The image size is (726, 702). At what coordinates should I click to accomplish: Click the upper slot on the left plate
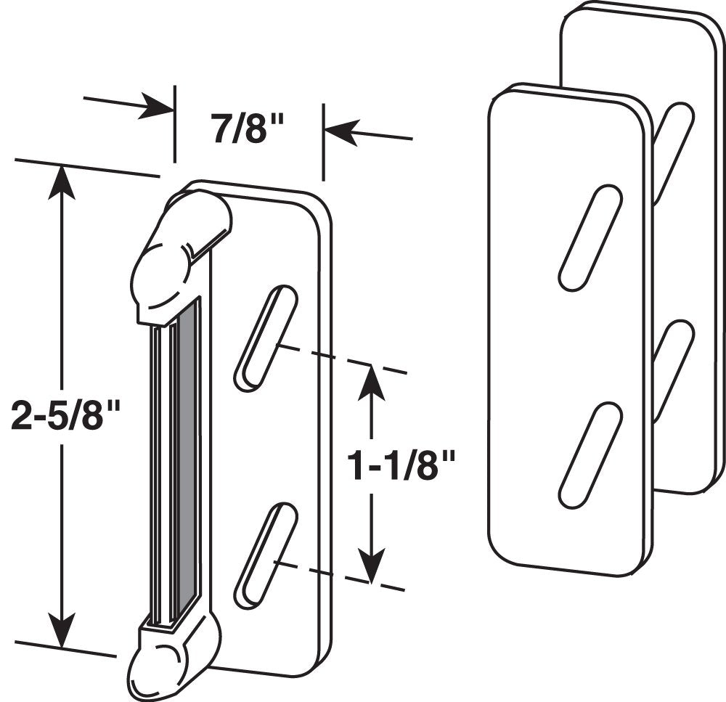266,338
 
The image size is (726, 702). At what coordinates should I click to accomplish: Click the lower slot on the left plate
266,555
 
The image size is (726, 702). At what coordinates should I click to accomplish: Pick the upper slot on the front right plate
590,238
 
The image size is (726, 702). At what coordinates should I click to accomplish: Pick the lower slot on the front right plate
590,455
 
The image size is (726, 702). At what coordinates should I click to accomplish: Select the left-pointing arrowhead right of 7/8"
341,132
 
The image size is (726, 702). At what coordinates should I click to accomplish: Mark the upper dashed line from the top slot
341,359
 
